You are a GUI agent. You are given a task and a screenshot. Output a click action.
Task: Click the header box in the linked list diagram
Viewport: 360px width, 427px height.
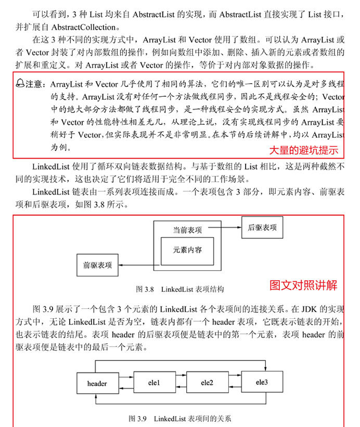coord(97,384)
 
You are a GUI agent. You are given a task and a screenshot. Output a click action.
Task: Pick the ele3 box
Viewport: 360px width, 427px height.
coord(262,382)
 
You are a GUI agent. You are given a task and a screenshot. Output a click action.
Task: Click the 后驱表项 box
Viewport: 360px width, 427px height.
coord(262,228)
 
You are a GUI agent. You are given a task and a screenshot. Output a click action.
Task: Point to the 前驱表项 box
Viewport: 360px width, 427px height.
coord(97,265)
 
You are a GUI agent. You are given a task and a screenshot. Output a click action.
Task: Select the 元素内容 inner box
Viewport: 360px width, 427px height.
coord(188,250)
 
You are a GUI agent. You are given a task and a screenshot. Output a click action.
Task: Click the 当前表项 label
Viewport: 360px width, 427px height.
coord(188,229)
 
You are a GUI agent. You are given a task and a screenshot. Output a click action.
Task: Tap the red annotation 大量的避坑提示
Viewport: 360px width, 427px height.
coord(303,150)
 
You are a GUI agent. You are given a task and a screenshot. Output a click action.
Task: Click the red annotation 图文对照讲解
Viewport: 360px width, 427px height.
coord(304,285)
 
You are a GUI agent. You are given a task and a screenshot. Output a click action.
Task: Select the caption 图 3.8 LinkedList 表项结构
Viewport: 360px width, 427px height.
coord(179,289)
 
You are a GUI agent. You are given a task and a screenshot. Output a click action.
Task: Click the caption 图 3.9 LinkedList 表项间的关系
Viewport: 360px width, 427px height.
coord(179,418)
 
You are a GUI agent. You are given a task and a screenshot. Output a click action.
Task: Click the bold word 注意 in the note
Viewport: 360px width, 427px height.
coord(34,84)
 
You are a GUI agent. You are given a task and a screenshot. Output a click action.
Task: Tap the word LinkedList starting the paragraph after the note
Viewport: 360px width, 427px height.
coord(49,167)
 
